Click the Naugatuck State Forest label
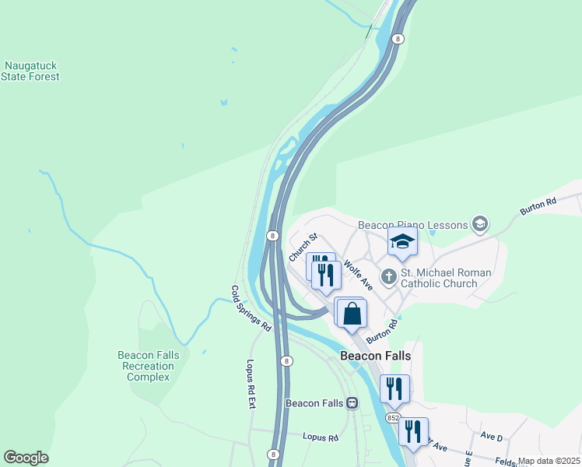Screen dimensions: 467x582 [x=31, y=72]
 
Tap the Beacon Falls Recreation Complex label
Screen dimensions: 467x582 [x=149, y=366]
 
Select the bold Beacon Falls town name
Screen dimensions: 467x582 [x=375, y=356]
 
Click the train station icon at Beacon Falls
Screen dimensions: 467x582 [x=352, y=403]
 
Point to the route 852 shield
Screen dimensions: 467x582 [x=392, y=418]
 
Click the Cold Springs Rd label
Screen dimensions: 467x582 [x=251, y=307]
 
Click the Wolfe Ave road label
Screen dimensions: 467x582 [x=358, y=275]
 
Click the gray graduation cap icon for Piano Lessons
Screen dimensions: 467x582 [x=480, y=225]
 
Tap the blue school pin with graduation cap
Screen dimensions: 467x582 [x=402, y=242]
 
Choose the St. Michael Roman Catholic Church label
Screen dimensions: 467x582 [x=449, y=278]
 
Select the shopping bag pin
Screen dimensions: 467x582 [x=352, y=314]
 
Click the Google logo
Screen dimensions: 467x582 [x=26, y=458]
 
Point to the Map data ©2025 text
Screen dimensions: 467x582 [x=549, y=461]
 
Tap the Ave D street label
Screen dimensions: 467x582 [x=492, y=437]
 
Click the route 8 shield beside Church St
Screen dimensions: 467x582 [x=273, y=235]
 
